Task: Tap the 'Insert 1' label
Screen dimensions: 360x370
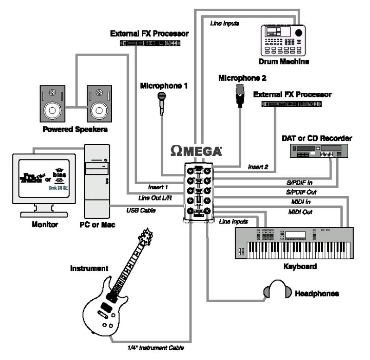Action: pyautogui.click(x=158, y=187)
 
